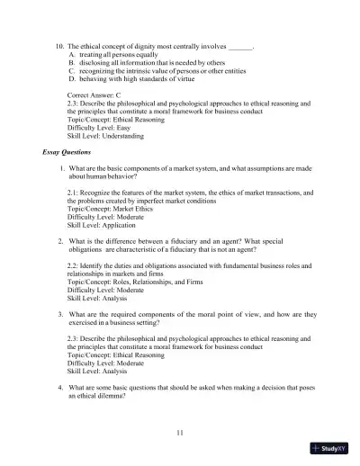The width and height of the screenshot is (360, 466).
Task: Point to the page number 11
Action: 180,433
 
